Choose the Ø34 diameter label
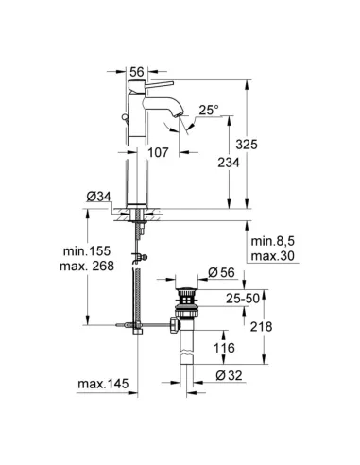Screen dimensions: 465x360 click(x=100, y=197)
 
